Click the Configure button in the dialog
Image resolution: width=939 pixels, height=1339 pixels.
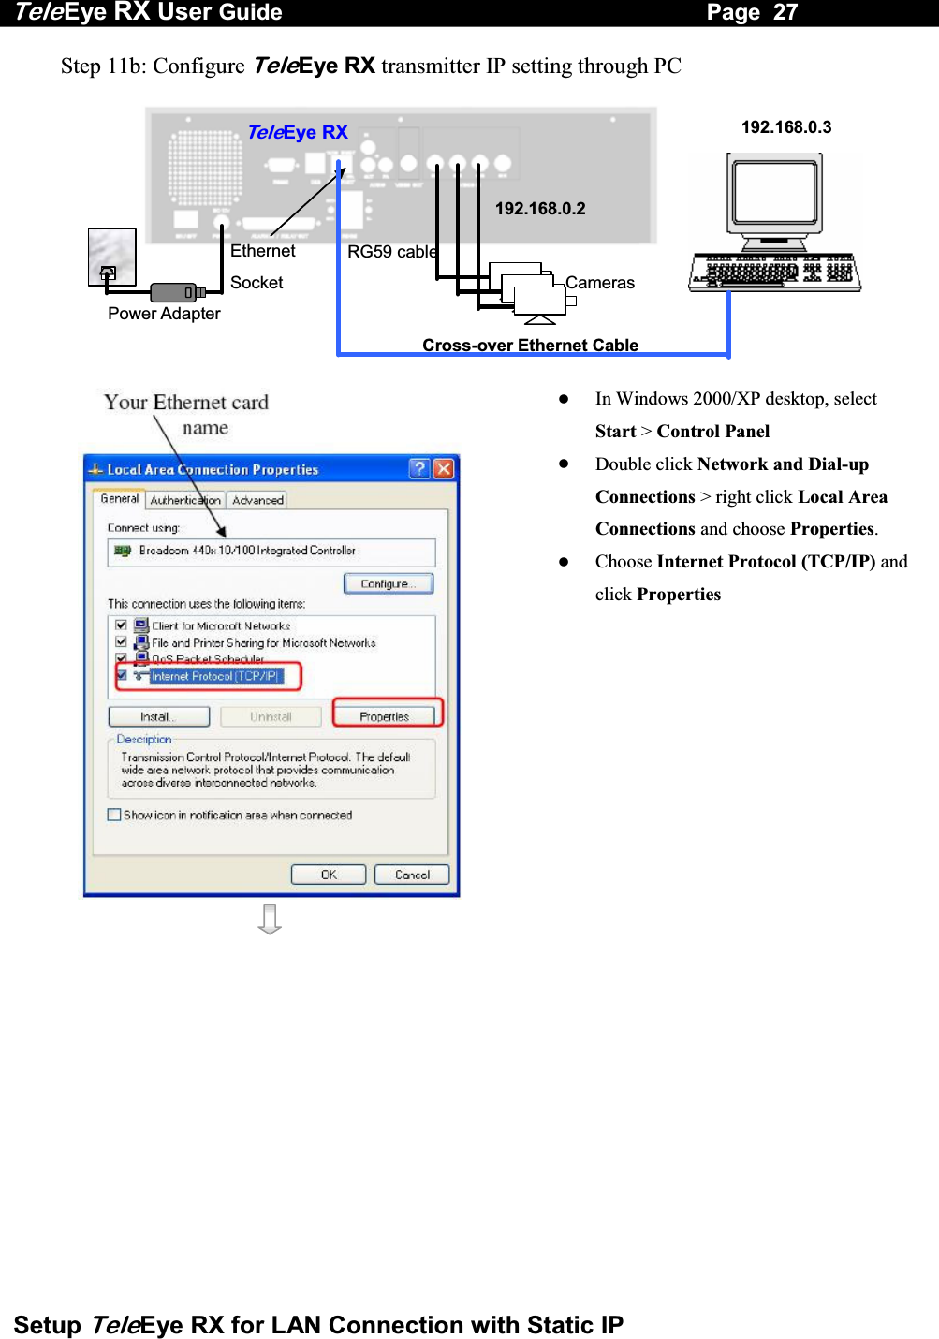click(x=389, y=584)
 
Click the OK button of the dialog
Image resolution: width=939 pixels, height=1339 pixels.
click(x=328, y=875)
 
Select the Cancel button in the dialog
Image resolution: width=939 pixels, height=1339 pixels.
click(x=412, y=875)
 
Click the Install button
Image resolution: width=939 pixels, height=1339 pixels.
click(x=158, y=717)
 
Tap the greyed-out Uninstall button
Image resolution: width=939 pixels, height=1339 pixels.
click(x=271, y=717)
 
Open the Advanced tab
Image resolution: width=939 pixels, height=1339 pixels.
click(x=257, y=500)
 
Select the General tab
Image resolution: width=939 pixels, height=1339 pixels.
click(x=119, y=499)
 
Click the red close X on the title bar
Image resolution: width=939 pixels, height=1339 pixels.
click(x=444, y=468)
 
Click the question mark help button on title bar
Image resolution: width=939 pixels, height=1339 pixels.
click(x=419, y=468)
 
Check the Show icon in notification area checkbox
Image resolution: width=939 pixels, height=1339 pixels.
click(x=114, y=815)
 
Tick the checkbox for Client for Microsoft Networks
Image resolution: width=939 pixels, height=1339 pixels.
click(x=121, y=625)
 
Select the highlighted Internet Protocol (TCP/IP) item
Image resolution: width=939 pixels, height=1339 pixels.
click(x=214, y=676)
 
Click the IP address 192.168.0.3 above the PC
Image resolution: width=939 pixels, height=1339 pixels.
click(x=785, y=127)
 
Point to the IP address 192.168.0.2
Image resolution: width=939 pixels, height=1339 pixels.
click(x=540, y=209)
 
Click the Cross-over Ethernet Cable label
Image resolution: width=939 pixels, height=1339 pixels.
click(x=530, y=345)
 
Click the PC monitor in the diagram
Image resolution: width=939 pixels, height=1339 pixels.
click(x=774, y=192)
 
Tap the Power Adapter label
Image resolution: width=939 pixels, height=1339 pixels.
click(x=164, y=314)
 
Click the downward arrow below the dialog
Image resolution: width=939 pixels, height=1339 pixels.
click(x=270, y=919)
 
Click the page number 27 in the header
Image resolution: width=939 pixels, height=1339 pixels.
click(x=785, y=12)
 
